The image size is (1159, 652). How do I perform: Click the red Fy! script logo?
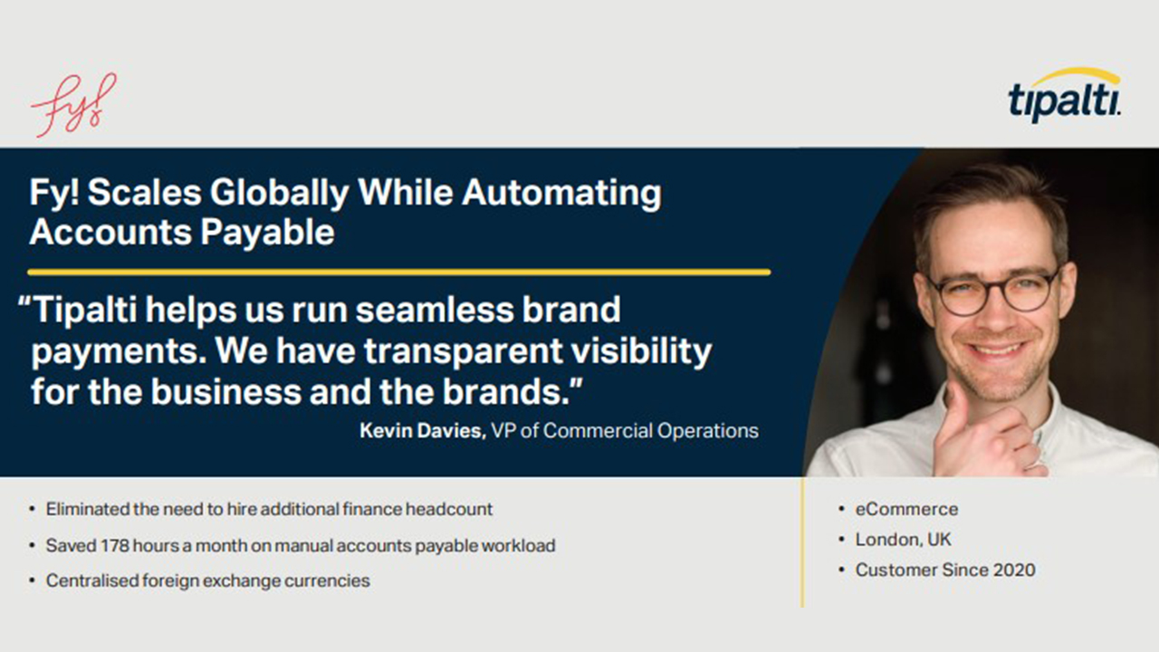(x=73, y=105)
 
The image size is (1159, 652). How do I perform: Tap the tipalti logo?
(x=1064, y=96)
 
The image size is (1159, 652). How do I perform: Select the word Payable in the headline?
(x=267, y=232)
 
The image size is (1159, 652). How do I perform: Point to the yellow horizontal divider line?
(x=399, y=272)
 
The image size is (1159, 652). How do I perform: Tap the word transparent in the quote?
(x=463, y=352)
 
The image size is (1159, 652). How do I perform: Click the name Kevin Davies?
(x=422, y=431)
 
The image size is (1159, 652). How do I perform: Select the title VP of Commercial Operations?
(x=625, y=431)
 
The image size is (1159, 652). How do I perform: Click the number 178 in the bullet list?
(x=114, y=545)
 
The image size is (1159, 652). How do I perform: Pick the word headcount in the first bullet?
(x=448, y=509)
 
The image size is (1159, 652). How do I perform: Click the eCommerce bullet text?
(x=906, y=509)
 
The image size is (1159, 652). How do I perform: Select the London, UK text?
(x=903, y=540)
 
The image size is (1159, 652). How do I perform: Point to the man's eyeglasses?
(x=990, y=292)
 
